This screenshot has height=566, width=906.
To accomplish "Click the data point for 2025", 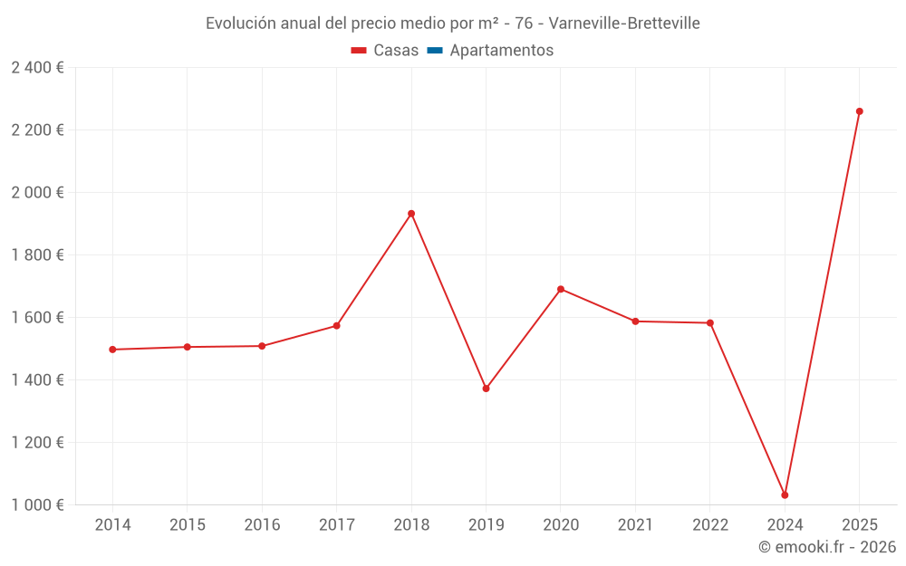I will [859, 111].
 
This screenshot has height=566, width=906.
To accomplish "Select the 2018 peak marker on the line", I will [411, 214].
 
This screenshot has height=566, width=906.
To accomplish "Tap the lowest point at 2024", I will [785, 495].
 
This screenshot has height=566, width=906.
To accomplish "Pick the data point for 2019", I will [486, 389].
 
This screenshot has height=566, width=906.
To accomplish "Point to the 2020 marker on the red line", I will [561, 289].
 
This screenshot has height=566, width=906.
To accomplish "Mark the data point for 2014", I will [112, 350].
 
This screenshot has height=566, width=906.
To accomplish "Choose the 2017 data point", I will [336, 326].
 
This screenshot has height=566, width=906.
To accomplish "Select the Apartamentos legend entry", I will [501, 51].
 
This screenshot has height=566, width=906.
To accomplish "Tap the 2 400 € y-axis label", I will [37, 68].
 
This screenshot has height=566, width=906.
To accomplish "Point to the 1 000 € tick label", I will [37, 505].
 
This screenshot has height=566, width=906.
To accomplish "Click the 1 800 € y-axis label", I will [37, 255].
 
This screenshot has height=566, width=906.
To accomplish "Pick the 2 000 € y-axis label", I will [37, 193].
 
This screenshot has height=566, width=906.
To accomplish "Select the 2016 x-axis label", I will [262, 525].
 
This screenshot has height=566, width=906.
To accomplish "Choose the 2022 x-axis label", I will [710, 525].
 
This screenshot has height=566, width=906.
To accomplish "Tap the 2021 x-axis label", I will [635, 525].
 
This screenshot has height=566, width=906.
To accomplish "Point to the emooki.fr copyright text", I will [827, 547].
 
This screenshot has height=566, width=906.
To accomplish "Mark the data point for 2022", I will [710, 322].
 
